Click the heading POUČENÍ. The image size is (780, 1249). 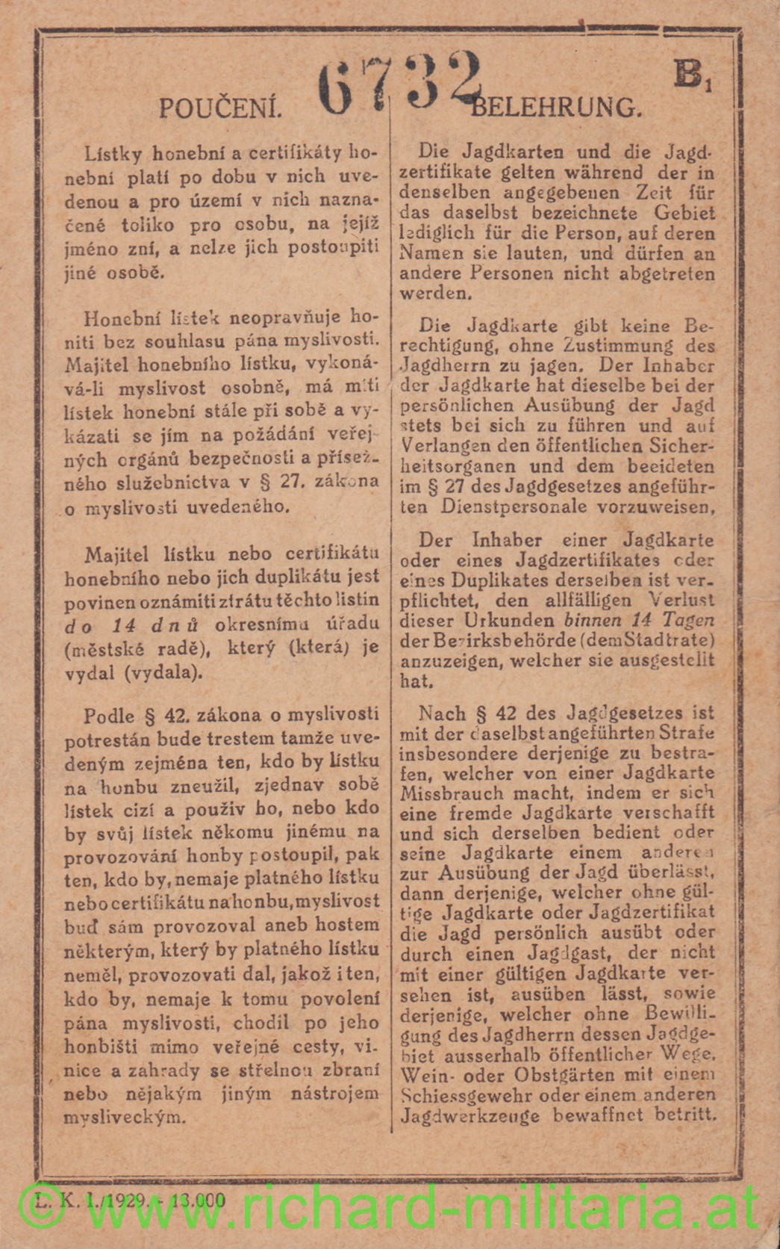tap(220, 109)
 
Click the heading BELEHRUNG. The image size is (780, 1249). tap(557, 108)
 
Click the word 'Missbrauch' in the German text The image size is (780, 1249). tap(440, 793)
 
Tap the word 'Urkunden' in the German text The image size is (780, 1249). tap(499, 620)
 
